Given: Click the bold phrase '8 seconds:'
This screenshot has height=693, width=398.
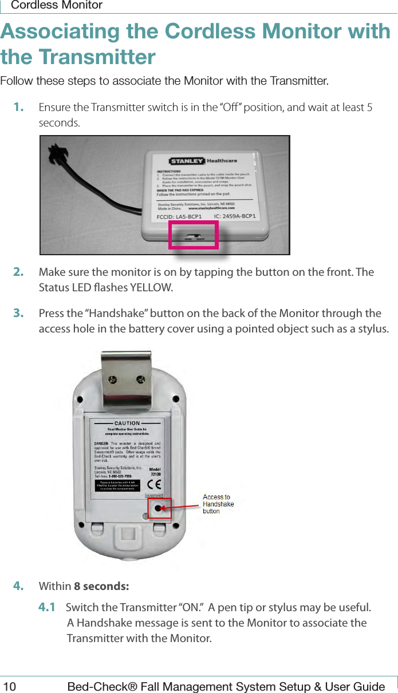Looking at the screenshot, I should point(101,587).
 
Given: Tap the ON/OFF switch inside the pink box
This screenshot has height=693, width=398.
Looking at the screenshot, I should point(194,235).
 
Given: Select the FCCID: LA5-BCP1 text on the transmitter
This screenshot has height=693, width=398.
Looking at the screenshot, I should point(179,217).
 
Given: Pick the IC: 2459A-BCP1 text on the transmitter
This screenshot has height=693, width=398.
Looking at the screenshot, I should point(234,216).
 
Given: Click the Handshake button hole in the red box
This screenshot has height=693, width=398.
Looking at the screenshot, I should point(159,508).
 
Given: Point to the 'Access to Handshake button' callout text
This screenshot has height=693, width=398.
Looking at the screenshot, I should point(218,504).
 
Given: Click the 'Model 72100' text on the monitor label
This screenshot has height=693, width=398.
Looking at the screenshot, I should point(155,471).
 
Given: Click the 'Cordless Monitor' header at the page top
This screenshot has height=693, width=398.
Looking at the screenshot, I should point(57,6).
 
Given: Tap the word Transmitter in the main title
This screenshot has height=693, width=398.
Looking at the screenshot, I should point(97,57).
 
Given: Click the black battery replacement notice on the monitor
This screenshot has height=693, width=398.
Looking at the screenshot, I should point(117,486).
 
